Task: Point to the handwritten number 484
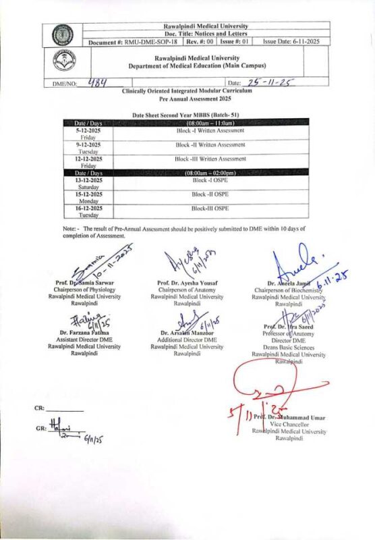(98, 82)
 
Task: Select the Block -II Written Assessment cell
(210, 144)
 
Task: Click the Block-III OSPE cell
(210, 209)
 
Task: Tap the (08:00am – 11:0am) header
(210, 122)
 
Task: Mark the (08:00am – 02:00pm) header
(210, 173)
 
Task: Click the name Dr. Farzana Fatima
(84, 333)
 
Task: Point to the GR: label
(40, 429)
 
